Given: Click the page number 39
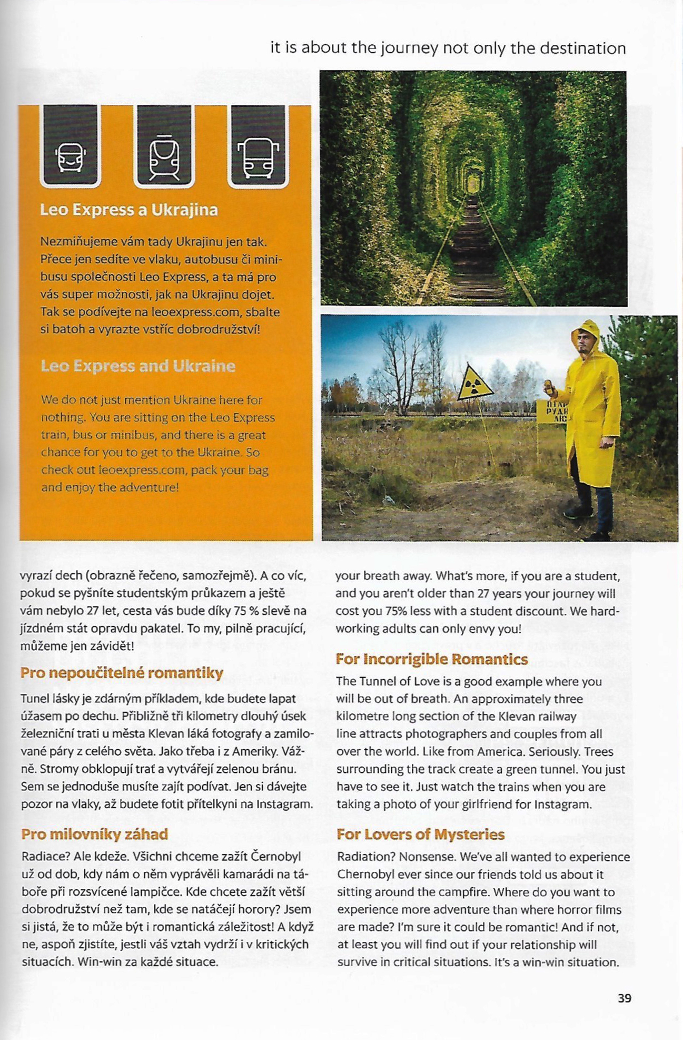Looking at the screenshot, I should coord(624,998).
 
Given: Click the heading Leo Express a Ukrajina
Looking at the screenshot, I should coord(129,210).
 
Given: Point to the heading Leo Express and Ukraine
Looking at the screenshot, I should coord(138,366).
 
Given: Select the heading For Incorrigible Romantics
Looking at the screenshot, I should coord(432,659).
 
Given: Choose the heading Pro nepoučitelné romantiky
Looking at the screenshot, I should coord(122,673).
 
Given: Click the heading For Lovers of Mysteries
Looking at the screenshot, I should coord(420,834).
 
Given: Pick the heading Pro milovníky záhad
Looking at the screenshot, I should coord(95,834).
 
